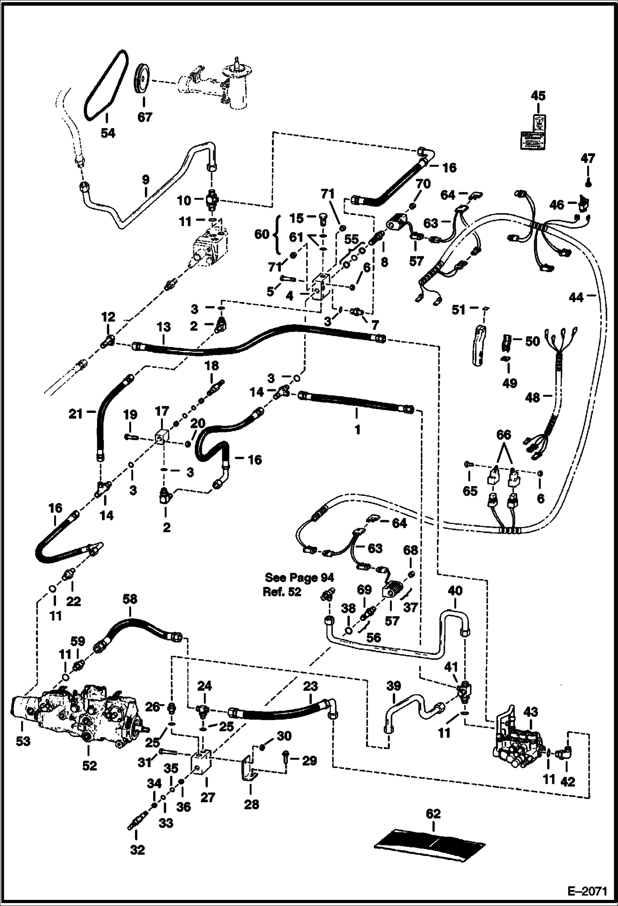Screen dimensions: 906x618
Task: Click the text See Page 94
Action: (x=299, y=577)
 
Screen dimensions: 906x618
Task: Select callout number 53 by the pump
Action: (x=23, y=741)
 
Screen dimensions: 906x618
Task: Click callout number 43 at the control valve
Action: (x=531, y=712)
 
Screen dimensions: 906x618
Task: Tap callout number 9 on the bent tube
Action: (x=145, y=180)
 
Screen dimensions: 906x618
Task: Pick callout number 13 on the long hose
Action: (x=163, y=327)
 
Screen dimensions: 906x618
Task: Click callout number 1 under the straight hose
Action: (x=357, y=429)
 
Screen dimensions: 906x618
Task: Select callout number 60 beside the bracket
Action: (x=262, y=235)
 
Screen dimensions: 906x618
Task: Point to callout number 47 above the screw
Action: (x=588, y=158)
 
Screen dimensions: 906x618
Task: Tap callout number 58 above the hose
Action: (x=130, y=600)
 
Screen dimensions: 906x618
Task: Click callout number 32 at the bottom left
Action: (x=137, y=851)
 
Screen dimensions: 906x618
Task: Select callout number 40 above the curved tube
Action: (x=455, y=591)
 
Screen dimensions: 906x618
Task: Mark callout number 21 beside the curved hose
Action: (x=76, y=413)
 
